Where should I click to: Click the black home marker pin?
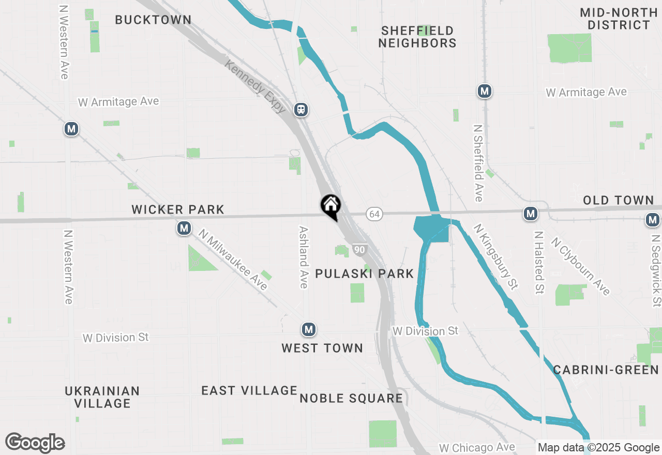click(x=330, y=206)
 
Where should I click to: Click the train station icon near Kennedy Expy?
click(x=301, y=110)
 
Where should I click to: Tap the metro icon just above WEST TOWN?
click(x=309, y=329)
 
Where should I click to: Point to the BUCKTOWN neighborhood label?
click(x=153, y=20)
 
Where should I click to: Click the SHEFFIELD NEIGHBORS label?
click(x=417, y=37)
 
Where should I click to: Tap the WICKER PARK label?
click(x=178, y=209)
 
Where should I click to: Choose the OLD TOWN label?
click(x=619, y=200)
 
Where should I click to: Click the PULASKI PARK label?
click(x=365, y=274)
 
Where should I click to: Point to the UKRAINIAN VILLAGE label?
click(x=102, y=397)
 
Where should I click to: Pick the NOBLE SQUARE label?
click(x=351, y=398)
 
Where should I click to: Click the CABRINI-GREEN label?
click(x=606, y=370)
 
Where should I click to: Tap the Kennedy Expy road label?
click(x=255, y=86)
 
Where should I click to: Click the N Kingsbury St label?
click(x=496, y=256)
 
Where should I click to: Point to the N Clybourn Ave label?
click(x=580, y=266)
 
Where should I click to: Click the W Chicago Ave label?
click(x=477, y=447)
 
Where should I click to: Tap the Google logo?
click(x=35, y=443)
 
